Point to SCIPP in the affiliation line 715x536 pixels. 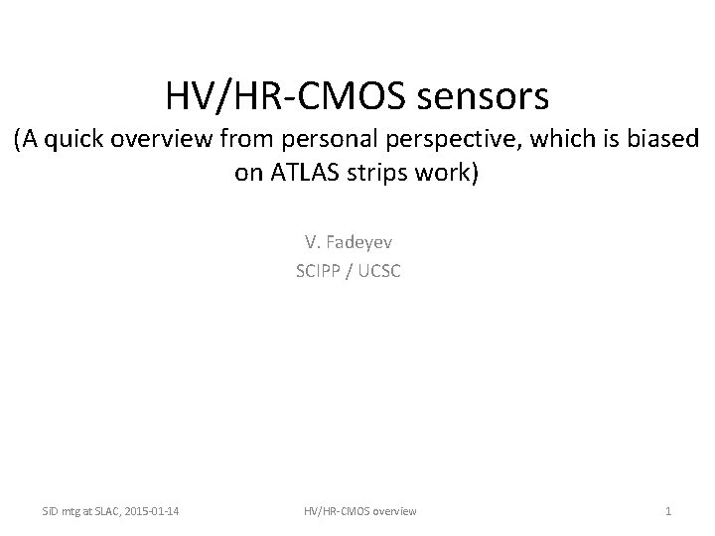point(319,269)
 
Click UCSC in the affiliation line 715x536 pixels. point(381,269)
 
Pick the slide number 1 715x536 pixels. point(668,511)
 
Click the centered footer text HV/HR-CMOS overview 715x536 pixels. point(360,511)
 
